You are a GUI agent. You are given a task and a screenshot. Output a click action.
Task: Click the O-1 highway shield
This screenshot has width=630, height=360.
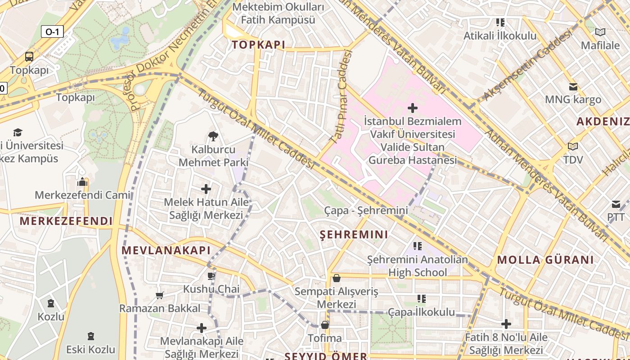pyautogui.click(x=52, y=31)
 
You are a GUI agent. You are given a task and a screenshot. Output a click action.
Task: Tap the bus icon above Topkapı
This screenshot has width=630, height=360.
pyautogui.click(x=29, y=57)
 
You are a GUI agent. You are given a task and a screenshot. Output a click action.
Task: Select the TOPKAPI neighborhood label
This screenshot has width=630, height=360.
pyautogui.click(x=259, y=45)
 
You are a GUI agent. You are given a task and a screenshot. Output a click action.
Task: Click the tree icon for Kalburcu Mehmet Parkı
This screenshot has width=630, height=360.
pyautogui.click(x=213, y=136)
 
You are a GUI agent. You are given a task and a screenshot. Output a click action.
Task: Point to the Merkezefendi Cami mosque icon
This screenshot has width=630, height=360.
pyautogui.click(x=82, y=182)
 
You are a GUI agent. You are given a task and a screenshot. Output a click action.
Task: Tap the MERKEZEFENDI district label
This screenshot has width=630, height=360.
pyautogui.click(x=66, y=221)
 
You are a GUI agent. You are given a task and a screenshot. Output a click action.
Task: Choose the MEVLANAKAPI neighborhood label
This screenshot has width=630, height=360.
pyautogui.click(x=166, y=250)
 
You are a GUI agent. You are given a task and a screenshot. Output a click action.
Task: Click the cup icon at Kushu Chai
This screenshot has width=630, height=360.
pyautogui.click(x=211, y=275)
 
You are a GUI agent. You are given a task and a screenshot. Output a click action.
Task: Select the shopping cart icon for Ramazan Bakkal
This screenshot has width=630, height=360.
pyautogui.click(x=159, y=295)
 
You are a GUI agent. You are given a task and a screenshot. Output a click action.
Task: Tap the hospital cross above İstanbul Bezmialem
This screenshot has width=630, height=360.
pyautogui.click(x=412, y=108)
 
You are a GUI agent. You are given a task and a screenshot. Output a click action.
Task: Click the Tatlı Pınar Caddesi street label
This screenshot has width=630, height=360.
pyautogui.click(x=341, y=97)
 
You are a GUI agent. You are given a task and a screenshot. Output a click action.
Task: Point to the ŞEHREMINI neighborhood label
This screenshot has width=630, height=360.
pyautogui.click(x=354, y=234)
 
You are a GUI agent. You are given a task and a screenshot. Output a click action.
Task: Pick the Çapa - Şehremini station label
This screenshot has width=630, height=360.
pyautogui.click(x=366, y=210)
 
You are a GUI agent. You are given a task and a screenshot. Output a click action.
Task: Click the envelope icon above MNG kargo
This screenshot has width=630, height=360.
pyautogui.click(x=573, y=86)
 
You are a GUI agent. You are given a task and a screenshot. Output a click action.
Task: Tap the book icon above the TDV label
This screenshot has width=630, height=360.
pyautogui.click(x=572, y=146)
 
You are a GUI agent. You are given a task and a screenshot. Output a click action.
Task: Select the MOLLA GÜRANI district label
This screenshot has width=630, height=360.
pyautogui.click(x=545, y=260)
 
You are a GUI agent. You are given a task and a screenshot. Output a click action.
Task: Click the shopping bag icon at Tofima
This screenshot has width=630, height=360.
pyautogui.click(x=325, y=324)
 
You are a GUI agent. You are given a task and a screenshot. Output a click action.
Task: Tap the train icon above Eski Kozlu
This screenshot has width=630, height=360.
pyautogui.click(x=91, y=336)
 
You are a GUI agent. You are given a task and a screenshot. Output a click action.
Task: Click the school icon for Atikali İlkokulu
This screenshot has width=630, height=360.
pyautogui.click(x=500, y=22)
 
